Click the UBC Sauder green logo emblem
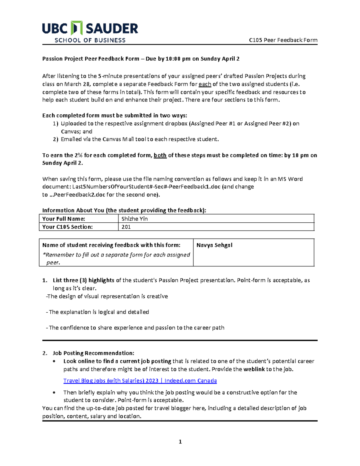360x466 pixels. pyautogui.click(x=76, y=28)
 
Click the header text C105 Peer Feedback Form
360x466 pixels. pyautogui.click(x=283, y=40)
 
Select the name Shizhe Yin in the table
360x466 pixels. pyautogui.click(x=134, y=219)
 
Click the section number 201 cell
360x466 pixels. pyautogui.click(x=126, y=227)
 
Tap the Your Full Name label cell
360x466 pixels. pyautogui.click(x=64, y=219)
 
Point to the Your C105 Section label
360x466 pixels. pyautogui.click(x=67, y=227)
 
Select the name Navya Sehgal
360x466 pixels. pyautogui.click(x=214, y=245)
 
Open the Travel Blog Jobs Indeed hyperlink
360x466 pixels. pyautogui.click(x=140, y=381)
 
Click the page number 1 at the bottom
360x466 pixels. pyautogui.click(x=180, y=442)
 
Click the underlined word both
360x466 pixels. pyautogui.click(x=160, y=155)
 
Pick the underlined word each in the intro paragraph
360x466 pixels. pyautogui.click(x=205, y=84)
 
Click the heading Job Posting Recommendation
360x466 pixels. pyautogui.click(x=93, y=353)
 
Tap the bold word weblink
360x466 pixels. pyautogui.click(x=254, y=369)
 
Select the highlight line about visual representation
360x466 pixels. pyautogui.click(x=107, y=296)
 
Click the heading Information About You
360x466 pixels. pyautogui.click(x=124, y=210)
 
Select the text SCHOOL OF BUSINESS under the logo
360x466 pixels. pyautogui.click(x=90, y=41)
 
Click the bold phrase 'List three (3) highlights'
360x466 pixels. pyautogui.click(x=83, y=280)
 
